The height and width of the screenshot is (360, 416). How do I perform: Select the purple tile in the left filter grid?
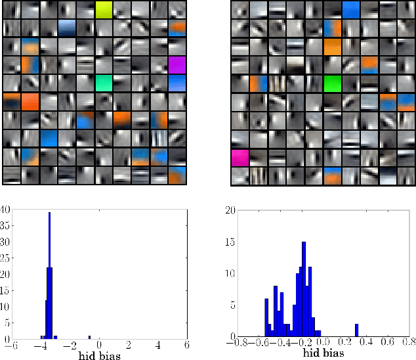[x=178, y=65]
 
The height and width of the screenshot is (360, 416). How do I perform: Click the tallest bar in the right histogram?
[x=304, y=288]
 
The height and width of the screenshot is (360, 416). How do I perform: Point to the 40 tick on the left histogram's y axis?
[x=5, y=210]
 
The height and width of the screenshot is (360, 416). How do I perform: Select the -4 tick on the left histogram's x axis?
[x=41, y=345]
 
